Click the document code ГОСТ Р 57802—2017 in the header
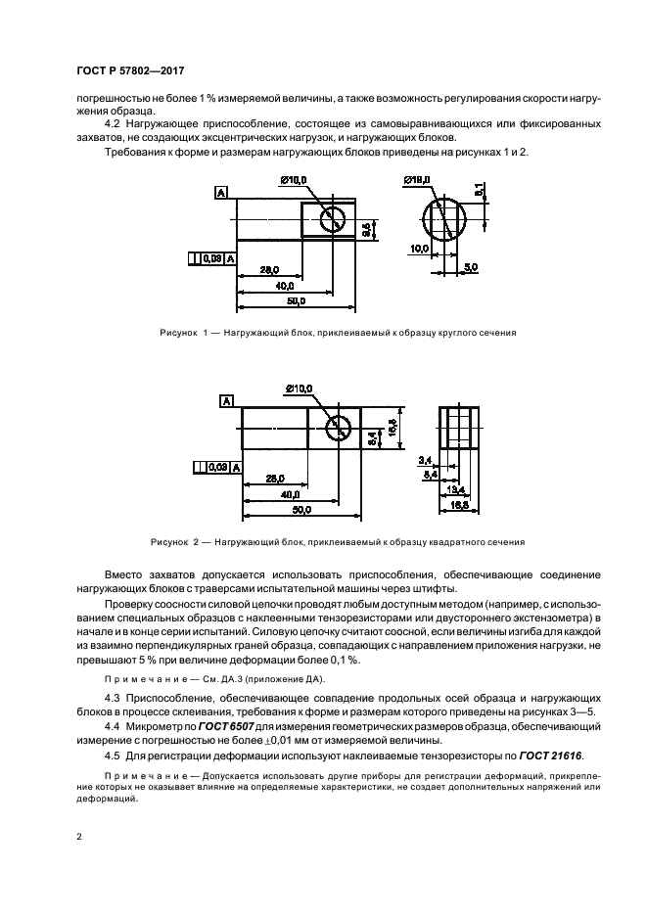point(130,70)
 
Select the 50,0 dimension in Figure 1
point(297,300)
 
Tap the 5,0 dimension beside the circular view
point(471,266)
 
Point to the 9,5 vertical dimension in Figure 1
point(365,231)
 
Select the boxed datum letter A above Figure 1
point(221,194)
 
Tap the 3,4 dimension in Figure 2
point(423,459)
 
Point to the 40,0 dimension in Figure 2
point(290,494)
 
